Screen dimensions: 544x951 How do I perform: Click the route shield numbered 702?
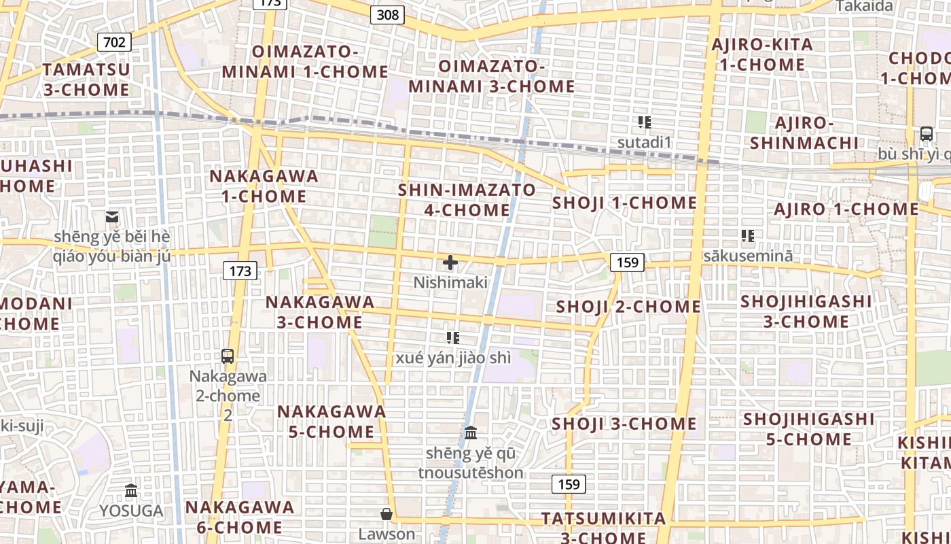pos(114,42)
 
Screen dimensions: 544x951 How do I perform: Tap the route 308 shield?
pos(388,14)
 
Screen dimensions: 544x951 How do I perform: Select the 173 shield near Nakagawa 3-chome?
pos(240,271)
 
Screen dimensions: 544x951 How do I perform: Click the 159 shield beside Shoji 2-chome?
pos(626,262)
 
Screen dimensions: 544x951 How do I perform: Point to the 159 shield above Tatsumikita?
pos(568,483)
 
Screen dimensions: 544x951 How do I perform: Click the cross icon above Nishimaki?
pos(450,262)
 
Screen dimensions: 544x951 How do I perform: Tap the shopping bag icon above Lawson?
pos(387,514)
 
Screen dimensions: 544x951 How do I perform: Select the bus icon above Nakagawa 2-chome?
pos(228,356)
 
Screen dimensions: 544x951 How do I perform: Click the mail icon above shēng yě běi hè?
pos(112,218)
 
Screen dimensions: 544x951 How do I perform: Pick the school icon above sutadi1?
pos(645,122)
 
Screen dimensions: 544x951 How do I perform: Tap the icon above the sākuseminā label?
pos(748,236)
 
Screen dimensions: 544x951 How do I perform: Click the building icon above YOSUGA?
pos(131,490)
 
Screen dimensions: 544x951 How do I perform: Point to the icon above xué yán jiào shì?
pos(453,337)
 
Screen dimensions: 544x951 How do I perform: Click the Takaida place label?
pos(863,6)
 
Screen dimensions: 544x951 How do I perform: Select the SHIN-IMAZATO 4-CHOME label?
pos(467,200)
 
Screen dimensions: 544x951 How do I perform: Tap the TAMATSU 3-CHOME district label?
pos(86,80)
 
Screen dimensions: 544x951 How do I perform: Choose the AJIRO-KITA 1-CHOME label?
pos(761,55)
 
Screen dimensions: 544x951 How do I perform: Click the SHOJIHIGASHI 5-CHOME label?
pos(808,429)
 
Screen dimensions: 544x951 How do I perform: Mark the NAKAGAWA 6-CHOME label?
pos(240,517)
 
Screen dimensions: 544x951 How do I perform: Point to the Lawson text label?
pos(387,534)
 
